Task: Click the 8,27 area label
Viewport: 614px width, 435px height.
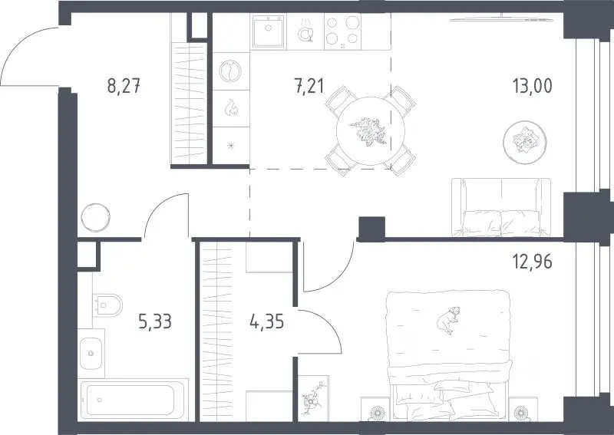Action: (124, 86)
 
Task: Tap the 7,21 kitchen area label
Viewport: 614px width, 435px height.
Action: (309, 86)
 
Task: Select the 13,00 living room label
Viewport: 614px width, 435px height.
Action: (533, 86)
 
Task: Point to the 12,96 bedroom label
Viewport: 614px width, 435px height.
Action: (533, 261)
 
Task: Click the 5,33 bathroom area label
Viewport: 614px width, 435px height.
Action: (155, 322)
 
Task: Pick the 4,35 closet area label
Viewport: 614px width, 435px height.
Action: (266, 322)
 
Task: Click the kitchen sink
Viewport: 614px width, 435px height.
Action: (268, 31)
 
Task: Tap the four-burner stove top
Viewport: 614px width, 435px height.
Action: (342, 31)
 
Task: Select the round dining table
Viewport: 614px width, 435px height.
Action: (371, 131)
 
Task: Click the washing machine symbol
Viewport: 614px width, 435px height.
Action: (230, 71)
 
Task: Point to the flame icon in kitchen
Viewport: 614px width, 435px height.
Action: (231, 107)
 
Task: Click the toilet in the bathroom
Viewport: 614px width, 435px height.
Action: (107, 305)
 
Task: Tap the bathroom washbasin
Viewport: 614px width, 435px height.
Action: (91, 354)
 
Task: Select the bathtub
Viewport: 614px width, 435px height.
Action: (133, 400)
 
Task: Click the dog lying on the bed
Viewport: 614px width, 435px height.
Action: (448, 320)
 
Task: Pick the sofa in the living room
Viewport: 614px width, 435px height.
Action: (501, 207)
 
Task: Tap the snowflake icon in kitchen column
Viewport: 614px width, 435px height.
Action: (231, 146)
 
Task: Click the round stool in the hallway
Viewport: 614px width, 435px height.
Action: (95, 217)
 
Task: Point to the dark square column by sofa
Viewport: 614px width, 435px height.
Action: (372, 229)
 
